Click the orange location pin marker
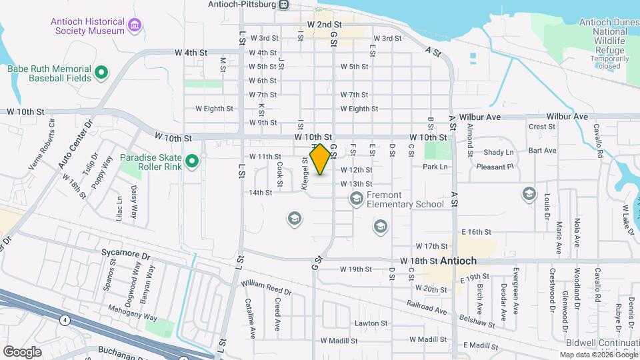(320, 159)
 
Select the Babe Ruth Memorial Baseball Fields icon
(101, 71)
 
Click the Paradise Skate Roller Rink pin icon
(192, 161)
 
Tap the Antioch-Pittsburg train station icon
(284, 5)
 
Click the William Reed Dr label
(267, 288)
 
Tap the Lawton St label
(371, 323)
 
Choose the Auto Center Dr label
(75, 146)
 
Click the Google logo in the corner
(22, 351)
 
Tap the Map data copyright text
(598, 355)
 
